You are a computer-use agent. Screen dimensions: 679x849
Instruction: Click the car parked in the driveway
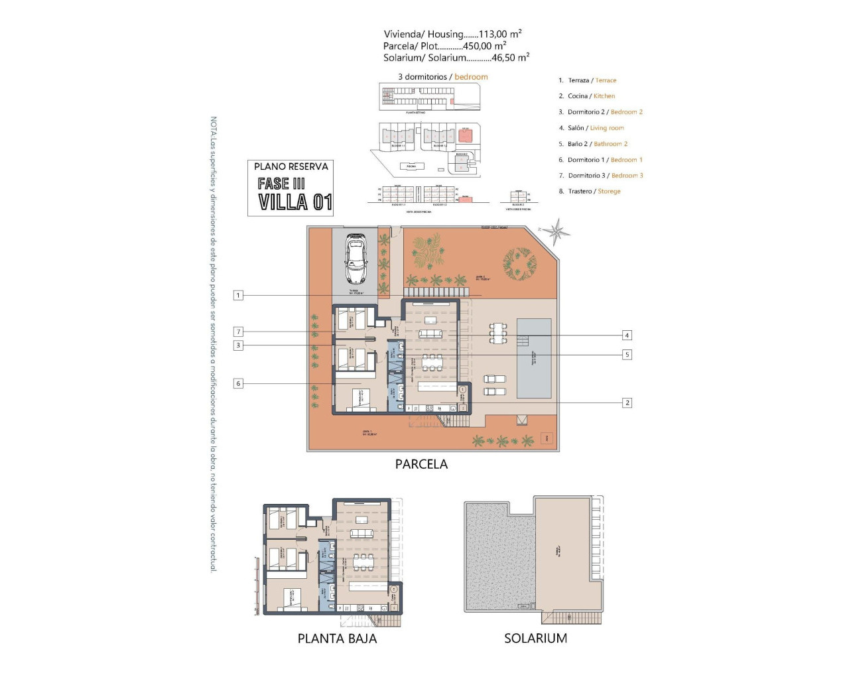356,259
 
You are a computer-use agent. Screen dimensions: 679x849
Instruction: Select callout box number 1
238,295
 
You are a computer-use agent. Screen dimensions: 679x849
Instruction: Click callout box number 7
238,332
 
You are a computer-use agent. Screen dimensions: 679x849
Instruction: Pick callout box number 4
626,335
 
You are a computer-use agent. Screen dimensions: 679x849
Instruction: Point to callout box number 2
626,402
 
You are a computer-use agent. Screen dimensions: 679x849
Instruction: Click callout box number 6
238,383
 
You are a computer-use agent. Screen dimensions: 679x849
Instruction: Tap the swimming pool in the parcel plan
534,358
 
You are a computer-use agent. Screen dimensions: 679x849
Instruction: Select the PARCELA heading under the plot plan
421,464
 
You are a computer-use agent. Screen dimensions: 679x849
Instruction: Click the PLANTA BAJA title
337,639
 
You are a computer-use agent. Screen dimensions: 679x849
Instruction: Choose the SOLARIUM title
535,639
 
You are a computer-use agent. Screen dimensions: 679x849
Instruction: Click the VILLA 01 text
295,202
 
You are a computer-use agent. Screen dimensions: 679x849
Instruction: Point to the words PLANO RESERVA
291,166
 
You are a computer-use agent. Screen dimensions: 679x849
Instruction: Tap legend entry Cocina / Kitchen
591,96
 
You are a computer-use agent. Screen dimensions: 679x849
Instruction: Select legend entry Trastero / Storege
594,192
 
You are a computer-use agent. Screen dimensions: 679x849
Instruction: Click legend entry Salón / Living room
596,128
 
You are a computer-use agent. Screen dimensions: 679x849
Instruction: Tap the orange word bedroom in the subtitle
471,77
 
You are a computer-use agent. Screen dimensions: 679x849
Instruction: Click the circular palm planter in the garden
519,263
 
